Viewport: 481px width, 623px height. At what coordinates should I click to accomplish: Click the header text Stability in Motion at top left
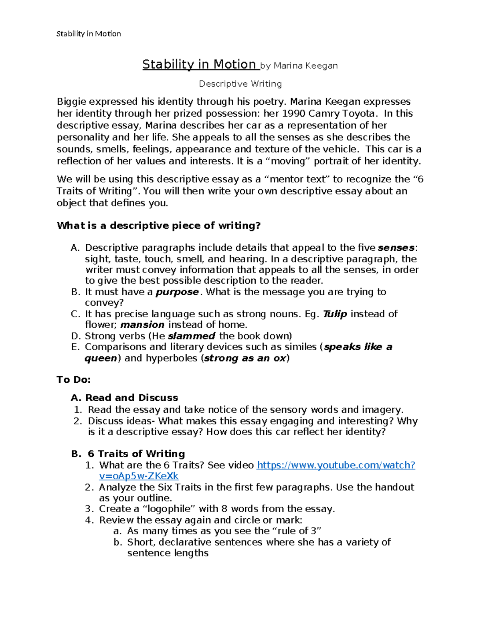coord(89,34)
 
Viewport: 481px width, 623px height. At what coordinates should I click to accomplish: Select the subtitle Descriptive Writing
coord(240,84)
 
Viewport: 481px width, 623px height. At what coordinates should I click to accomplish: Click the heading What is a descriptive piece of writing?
coord(159,225)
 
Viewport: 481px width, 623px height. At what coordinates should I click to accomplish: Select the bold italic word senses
coord(396,248)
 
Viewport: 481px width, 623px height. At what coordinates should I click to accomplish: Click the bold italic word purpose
coord(177,292)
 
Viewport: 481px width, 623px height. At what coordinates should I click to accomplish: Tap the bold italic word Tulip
coord(335,314)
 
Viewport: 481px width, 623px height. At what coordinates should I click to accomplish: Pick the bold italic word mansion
coord(142,325)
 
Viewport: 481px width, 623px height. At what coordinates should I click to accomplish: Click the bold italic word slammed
coord(192,336)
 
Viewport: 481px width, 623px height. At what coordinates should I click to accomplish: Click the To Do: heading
coord(74,379)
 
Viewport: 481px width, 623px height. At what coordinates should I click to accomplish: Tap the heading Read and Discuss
coord(131,398)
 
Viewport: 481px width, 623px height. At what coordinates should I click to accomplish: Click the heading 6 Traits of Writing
coord(136,454)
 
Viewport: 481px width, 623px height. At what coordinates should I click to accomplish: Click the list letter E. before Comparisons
coord(75,347)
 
